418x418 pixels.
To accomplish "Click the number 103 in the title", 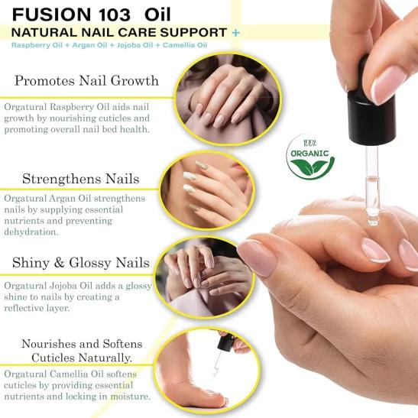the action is click(115, 15).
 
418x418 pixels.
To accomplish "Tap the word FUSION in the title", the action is click(51, 15).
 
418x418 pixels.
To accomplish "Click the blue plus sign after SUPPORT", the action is click(235, 33).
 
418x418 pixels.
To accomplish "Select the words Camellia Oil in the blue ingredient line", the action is click(185, 45).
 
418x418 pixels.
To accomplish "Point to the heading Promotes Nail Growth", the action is click(86, 80).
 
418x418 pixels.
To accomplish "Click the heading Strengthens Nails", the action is click(80, 178).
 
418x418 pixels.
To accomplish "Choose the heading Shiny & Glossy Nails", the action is click(81, 263).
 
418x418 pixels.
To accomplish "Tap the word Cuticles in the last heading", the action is click(52, 358).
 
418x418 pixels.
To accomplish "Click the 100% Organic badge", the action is click(309, 157).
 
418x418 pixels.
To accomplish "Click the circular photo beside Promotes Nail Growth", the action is click(228, 99).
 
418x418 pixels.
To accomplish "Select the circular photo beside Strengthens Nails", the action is click(207, 191).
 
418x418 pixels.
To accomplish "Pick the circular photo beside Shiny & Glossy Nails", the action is click(205, 278).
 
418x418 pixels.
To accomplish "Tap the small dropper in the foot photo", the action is click(222, 352).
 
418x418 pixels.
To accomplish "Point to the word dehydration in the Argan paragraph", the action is click(31, 232).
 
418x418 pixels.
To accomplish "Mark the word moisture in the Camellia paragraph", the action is click(131, 397).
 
